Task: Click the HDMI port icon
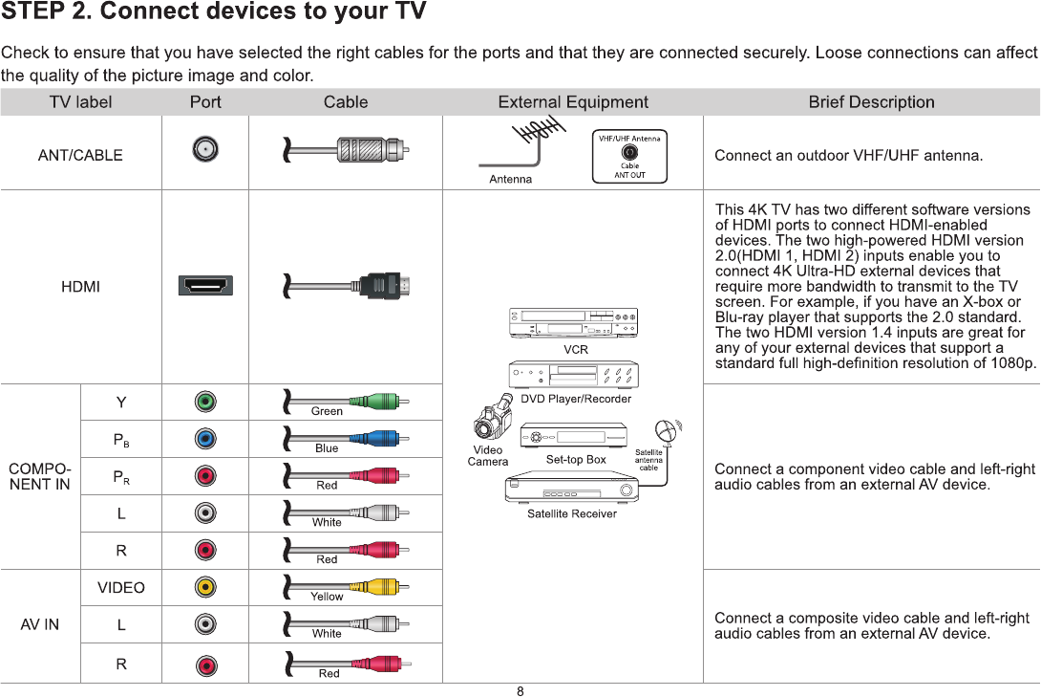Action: click(205, 286)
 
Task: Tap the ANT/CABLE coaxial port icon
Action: click(205, 149)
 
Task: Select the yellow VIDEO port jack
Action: click(205, 586)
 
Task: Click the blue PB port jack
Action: click(205, 439)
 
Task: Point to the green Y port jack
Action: click(205, 402)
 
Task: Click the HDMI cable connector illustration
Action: click(382, 285)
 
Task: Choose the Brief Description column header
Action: click(871, 102)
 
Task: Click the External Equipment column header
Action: click(573, 102)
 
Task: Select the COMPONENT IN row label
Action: click(39, 476)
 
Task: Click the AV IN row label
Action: click(40, 624)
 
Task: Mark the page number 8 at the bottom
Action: click(520, 691)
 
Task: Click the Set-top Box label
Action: click(576, 460)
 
